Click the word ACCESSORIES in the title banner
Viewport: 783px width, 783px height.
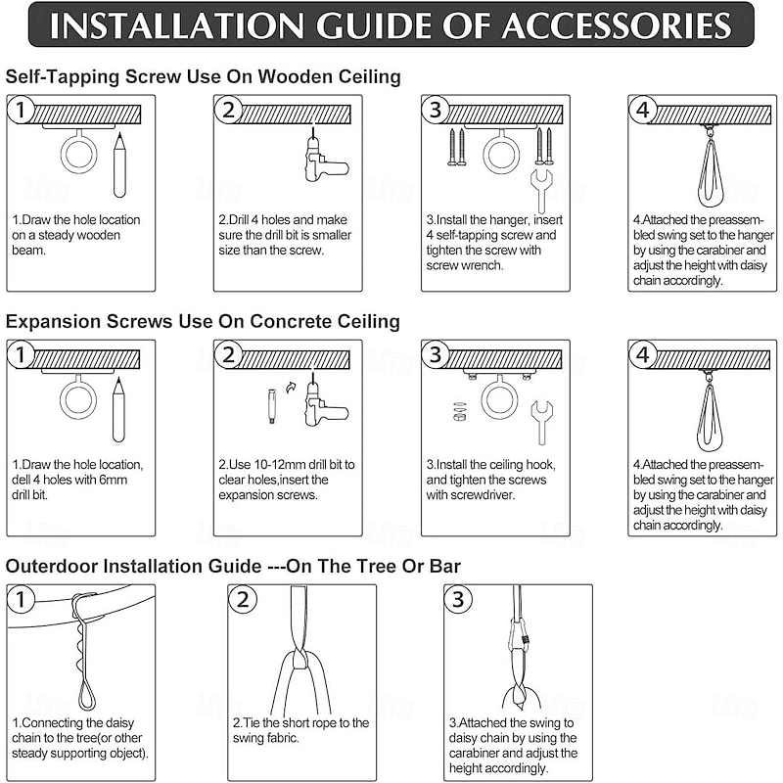(x=617, y=25)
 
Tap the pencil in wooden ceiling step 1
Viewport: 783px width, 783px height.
(x=119, y=164)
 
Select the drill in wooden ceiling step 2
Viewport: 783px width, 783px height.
(x=324, y=158)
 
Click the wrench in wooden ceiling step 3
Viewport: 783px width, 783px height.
(x=541, y=191)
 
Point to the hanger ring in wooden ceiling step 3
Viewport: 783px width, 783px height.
(x=501, y=153)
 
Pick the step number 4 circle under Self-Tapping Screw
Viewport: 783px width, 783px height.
(x=642, y=110)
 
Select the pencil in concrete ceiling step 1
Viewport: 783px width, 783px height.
(x=118, y=409)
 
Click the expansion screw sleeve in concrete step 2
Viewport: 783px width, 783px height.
(x=272, y=406)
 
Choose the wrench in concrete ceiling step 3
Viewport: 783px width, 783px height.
(x=541, y=422)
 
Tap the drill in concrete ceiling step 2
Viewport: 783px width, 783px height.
(x=325, y=402)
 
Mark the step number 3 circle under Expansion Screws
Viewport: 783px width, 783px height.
(x=435, y=354)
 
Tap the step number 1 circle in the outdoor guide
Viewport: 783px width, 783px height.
(x=21, y=599)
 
